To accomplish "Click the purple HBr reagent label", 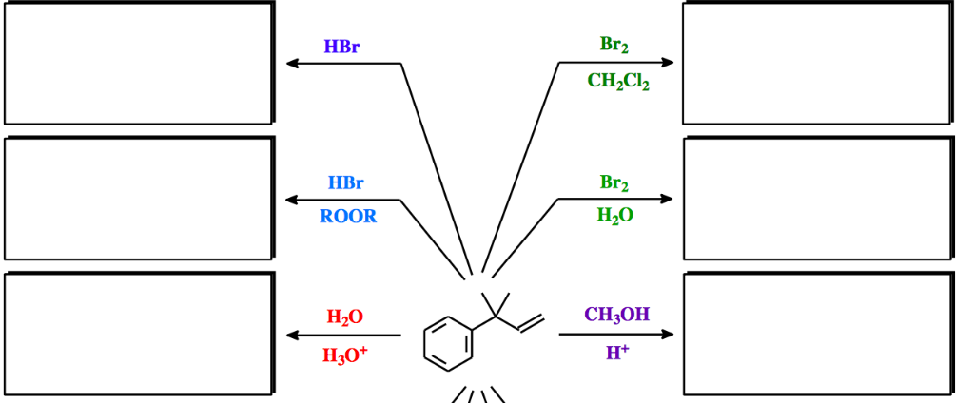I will [341, 47].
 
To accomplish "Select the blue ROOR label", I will [348, 217].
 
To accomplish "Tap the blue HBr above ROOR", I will [345, 182].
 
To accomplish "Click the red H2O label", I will [344, 317].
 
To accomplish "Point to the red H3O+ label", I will [344, 355].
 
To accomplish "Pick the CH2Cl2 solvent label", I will [618, 82].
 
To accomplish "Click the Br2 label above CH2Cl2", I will [614, 45].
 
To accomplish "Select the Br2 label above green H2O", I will [614, 182].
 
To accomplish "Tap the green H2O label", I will [614, 217].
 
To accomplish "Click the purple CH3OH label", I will [617, 315].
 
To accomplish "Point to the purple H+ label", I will [617, 354].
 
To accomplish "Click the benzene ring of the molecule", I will [448, 343].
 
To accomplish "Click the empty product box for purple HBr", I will [139, 64].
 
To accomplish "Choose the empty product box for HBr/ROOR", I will [139, 199].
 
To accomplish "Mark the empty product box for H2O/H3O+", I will [139, 334].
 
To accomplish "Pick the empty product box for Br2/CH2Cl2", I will [817, 64].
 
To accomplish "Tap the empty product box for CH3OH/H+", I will [817, 334].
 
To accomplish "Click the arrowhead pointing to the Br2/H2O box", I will [668, 199].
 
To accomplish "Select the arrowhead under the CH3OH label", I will [668, 335].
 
